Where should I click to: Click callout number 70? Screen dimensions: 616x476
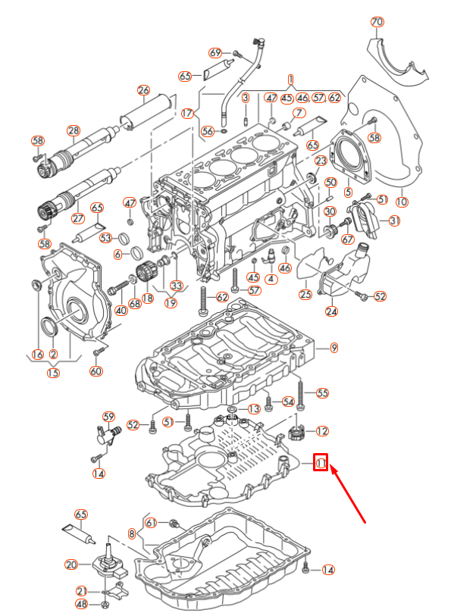coord(377,22)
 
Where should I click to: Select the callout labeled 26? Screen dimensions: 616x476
coord(143,91)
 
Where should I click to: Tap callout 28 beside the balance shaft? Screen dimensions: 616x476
coord(73,130)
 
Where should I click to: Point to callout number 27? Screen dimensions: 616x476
coord(77,219)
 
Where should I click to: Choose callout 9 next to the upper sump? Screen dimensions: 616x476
coord(334,348)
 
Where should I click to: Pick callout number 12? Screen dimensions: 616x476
coord(322,431)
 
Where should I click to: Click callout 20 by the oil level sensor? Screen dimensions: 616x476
coord(71,564)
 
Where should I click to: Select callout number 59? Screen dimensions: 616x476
coord(108,417)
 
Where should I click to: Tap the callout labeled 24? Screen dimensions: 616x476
coord(332,311)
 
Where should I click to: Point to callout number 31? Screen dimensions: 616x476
coord(394,220)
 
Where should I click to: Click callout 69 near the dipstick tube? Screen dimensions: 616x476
coord(215,53)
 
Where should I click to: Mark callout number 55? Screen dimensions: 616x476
coord(322,393)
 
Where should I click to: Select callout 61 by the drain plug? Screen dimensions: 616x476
coord(151,523)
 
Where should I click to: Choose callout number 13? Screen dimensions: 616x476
coord(254,409)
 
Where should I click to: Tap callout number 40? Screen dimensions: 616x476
coord(121,311)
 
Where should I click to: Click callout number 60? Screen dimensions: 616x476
coord(96,371)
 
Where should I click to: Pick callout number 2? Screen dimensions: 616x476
coord(53,355)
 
